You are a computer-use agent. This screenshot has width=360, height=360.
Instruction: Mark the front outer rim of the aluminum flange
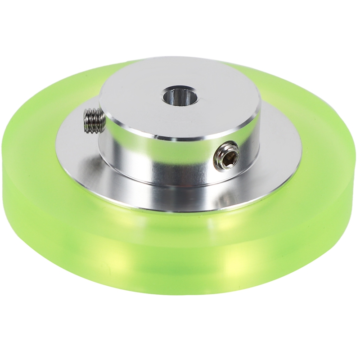tap(180, 211)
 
